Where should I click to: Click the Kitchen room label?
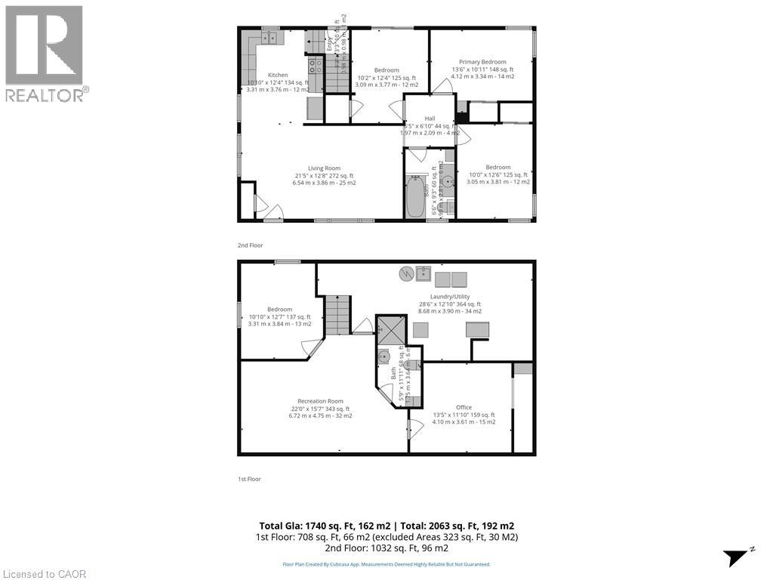[x=278, y=76]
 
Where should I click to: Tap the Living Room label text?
[x=324, y=168]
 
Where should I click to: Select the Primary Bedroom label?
[x=482, y=62]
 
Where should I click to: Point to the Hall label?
[x=430, y=119]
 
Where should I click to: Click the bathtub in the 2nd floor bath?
[x=415, y=197]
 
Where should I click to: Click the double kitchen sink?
[x=270, y=36]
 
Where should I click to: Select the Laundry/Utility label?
[x=450, y=297]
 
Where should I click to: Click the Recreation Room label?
[x=321, y=401]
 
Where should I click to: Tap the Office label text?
[x=463, y=408]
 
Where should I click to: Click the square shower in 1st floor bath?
[x=392, y=329]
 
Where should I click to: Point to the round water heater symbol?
[x=405, y=273]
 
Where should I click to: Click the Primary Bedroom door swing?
[x=447, y=85]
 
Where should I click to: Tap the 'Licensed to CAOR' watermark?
[x=44, y=574]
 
